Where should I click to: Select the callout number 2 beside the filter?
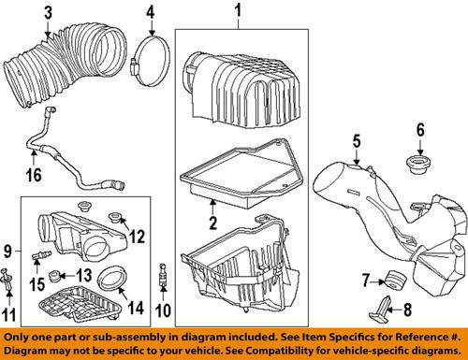click(x=212, y=223)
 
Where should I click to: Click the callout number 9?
click(x=8, y=252)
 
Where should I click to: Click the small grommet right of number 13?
click(x=57, y=277)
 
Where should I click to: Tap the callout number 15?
click(x=37, y=283)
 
